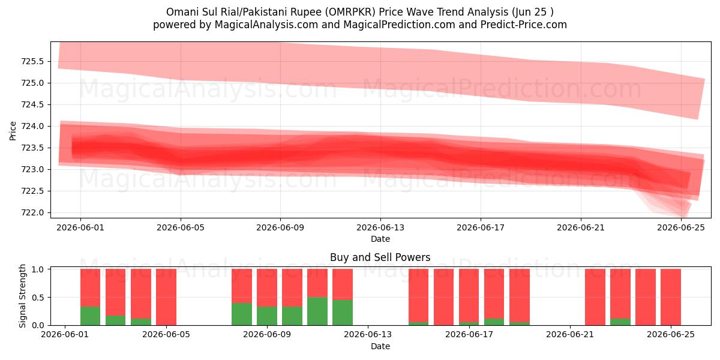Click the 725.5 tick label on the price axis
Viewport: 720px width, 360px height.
pos(32,61)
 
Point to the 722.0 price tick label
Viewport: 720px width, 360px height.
pos(32,213)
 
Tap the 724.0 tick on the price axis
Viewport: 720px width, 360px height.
pos(32,127)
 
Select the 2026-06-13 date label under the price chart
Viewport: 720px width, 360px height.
pos(380,227)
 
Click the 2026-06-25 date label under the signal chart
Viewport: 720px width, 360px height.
pos(671,335)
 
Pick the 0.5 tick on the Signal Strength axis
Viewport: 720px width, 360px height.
pos(38,298)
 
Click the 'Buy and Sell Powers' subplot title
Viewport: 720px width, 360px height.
pos(380,257)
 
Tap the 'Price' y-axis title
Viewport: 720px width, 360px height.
pos(13,131)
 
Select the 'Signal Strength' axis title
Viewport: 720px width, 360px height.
pos(22,296)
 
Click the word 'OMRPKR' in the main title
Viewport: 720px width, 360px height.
pos(352,12)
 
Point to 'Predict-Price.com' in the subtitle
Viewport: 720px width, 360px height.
pos(524,25)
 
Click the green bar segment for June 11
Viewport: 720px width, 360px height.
pos(317,311)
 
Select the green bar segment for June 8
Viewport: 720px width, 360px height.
pos(242,314)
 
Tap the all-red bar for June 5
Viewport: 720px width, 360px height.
pos(166,297)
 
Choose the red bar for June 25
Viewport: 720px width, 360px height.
pos(671,297)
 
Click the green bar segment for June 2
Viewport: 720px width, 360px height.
pos(91,316)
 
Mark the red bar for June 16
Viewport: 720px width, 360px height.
pos(443,297)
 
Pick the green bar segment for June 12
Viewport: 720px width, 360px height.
pos(343,313)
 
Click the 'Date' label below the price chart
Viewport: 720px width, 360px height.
pos(380,239)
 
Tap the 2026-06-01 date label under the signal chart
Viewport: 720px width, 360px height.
pos(65,335)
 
